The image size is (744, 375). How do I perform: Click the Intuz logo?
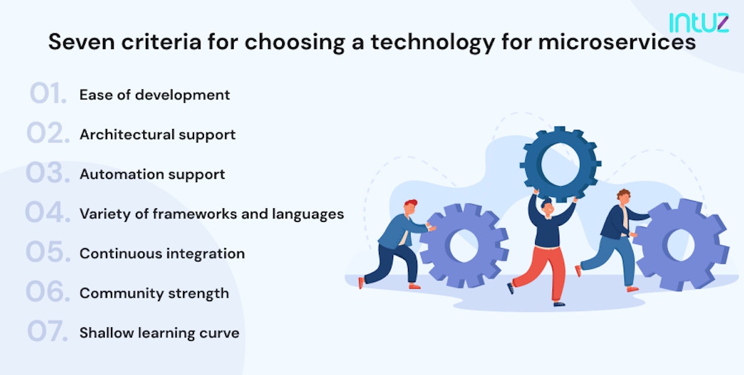pos(698,22)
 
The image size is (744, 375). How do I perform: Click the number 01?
pos(47,95)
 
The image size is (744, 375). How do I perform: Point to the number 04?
pos(47,214)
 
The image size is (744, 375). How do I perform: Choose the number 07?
pos(47,333)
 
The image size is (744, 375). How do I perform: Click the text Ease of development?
pos(154,95)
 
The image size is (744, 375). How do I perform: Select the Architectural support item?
pos(157,135)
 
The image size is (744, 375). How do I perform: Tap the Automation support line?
pos(152,174)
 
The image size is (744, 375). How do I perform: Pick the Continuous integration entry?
pos(162,254)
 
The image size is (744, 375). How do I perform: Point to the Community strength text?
pos(154,293)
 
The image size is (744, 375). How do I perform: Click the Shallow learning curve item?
pos(159,333)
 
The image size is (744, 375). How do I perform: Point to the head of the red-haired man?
pos(410,206)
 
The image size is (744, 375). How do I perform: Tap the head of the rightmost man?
pos(623,196)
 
